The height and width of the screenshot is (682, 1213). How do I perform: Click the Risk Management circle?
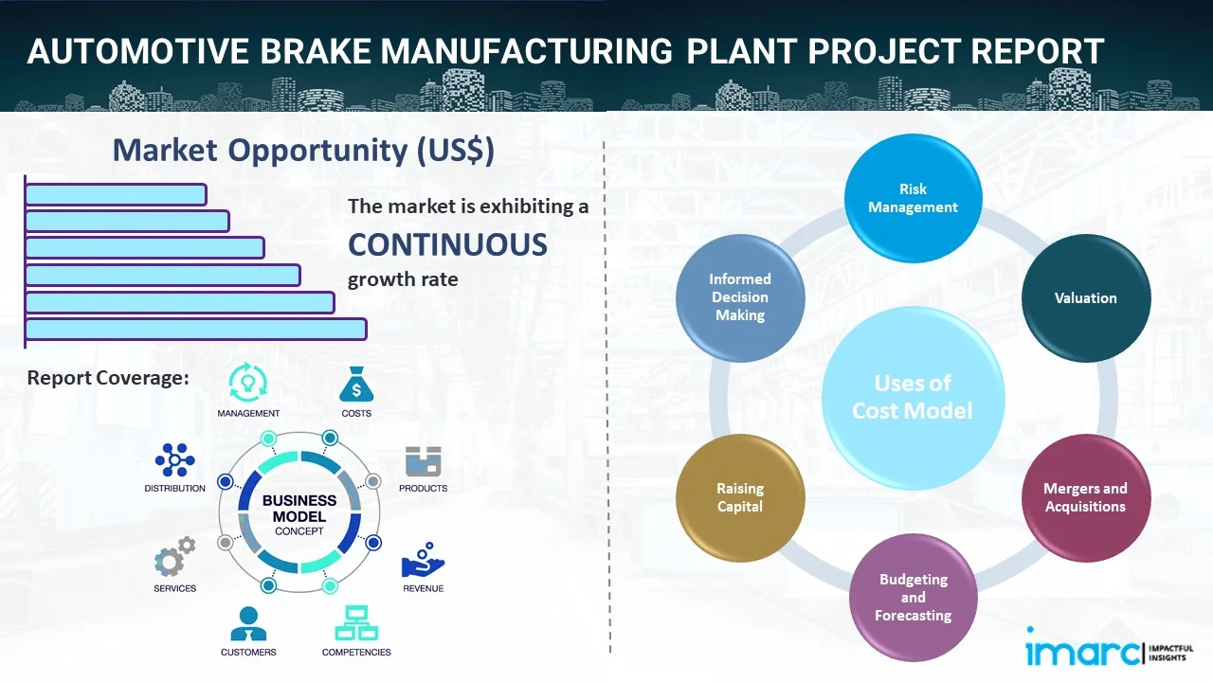[x=913, y=198]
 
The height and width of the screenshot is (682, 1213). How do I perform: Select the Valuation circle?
[x=1085, y=298]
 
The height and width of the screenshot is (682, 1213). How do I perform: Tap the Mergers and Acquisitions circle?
[x=1085, y=497]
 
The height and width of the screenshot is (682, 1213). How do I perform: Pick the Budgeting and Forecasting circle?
[x=913, y=598]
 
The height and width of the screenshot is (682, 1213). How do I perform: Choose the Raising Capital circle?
[x=740, y=497]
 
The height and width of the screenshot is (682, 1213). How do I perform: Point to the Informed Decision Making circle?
[x=740, y=297]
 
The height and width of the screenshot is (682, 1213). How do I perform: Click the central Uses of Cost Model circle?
[x=913, y=397]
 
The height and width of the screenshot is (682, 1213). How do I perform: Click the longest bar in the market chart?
[x=195, y=329]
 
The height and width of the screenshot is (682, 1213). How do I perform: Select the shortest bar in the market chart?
[x=116, y=194]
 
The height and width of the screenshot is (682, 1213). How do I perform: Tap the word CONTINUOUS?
[x=447, y=244]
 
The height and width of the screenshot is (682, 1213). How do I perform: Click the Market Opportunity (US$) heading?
[x=303, y=151]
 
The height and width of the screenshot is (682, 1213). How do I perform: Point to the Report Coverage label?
[x=108, y=378]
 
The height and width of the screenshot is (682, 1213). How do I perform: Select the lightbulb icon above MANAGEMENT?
[x=247, y=383]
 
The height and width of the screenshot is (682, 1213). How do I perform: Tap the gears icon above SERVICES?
[x=174, y=557]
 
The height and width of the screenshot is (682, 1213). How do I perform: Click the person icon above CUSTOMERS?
[x=248, y=623]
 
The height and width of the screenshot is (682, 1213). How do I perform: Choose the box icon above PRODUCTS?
[x=423, y=461]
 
